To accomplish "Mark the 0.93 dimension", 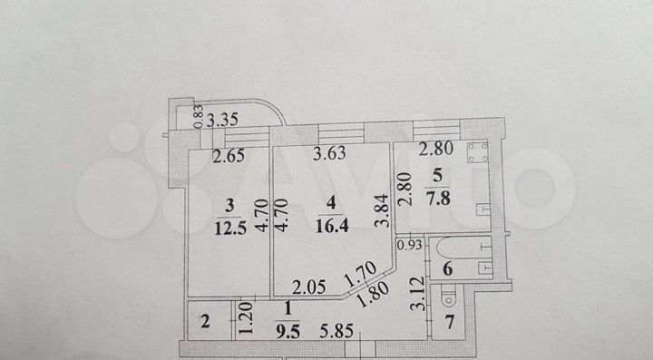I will point(409,243).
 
